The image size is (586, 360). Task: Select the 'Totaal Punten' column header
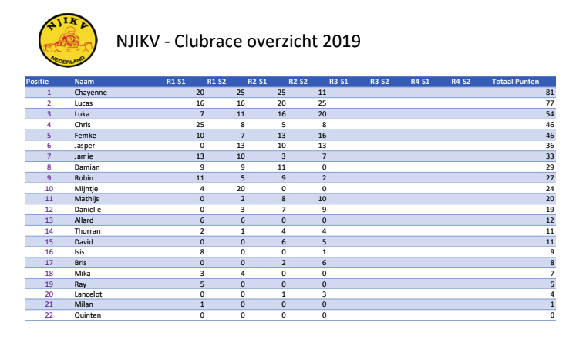515,81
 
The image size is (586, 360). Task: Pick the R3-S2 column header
379,81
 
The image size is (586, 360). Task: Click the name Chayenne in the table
89,92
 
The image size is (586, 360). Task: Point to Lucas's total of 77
550,103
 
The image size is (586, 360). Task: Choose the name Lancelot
88,294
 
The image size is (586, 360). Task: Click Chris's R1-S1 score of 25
200,123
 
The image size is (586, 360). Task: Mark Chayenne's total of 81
550,92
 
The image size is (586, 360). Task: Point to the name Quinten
87,315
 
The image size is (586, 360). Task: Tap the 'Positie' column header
38,81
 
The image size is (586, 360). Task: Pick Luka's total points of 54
550,113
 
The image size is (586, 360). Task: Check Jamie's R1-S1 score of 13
200,155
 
